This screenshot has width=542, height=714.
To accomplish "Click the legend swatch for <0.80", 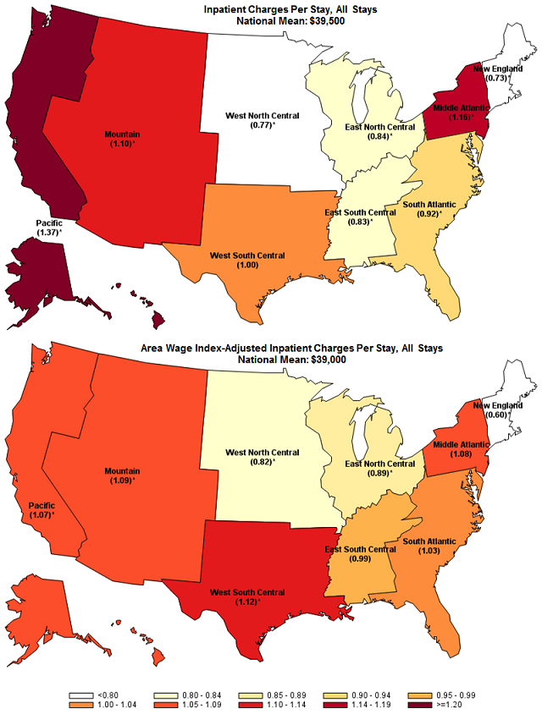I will [x=82, y=689].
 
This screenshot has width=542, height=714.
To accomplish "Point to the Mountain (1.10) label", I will [x=123, y=140].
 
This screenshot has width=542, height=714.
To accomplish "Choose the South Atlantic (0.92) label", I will [x=429, y=209].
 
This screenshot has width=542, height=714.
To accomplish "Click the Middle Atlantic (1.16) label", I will [x=462, y=113].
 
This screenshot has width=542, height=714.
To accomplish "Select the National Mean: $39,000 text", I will [x=273, y=359].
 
